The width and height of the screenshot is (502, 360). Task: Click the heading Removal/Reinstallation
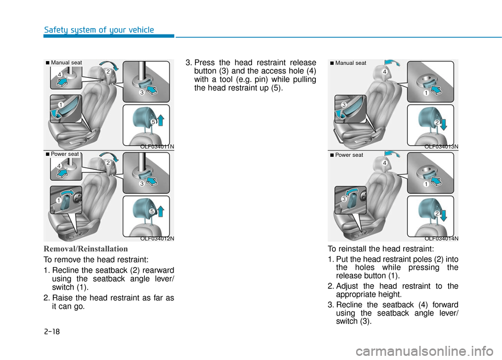point(85,249)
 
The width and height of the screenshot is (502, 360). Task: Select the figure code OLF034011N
point(157,147)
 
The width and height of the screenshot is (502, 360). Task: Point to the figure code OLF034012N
point(157,239)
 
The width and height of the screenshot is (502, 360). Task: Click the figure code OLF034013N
point(441,147)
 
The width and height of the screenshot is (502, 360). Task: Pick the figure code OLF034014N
point(441,239)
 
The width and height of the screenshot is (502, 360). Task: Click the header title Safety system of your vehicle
point(99,30)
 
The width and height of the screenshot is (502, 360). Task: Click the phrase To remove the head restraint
point(89,260)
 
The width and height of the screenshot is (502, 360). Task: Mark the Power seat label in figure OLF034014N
point(349,155)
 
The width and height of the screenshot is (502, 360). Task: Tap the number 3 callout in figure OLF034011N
point(141,92)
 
